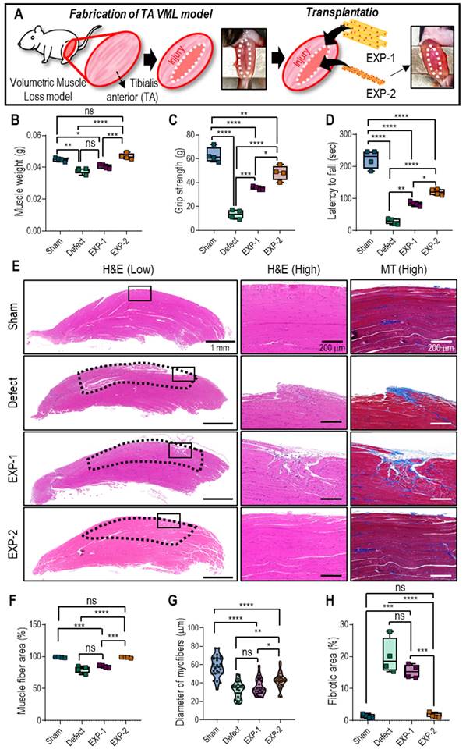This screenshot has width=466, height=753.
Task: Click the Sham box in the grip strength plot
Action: click(213, 154)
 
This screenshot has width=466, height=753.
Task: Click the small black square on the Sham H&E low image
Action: click(139, 293)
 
